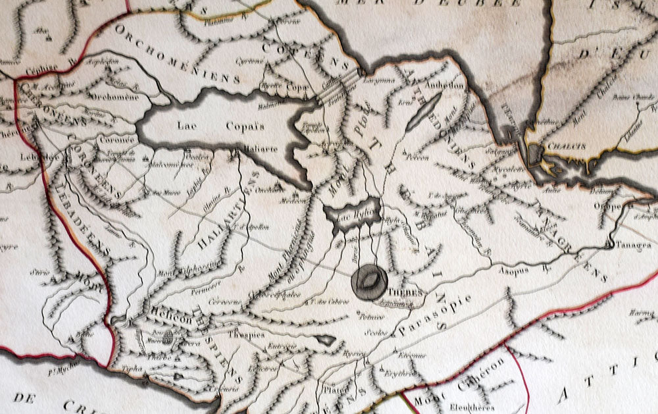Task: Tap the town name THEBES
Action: click(x=403, y=292)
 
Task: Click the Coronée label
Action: click(x=117, y=140)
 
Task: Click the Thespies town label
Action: click(x=245, y=334)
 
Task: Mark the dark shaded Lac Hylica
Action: click(x=353, y=213)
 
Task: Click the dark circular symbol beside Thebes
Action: click(x=369, y=281)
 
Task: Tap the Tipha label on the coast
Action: click(x=133, y=369)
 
